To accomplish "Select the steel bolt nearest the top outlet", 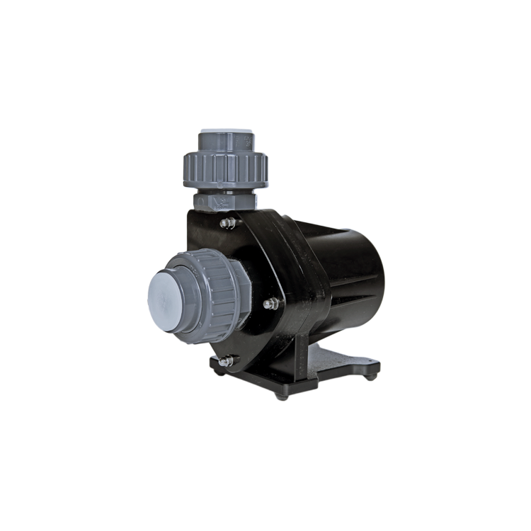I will [228, 223].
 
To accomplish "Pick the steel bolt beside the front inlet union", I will [270, 304].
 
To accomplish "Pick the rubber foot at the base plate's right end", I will [370, 377].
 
